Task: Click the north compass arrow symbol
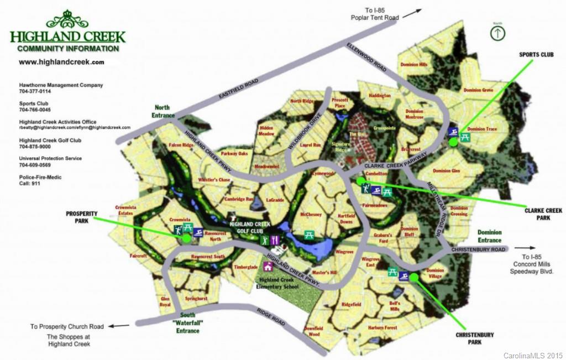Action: (498, 33)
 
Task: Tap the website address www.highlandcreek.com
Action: (61, 62)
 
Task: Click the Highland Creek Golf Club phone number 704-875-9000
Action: (35, 147)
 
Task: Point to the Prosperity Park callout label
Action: (82, 217)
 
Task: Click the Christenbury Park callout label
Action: (475, 338)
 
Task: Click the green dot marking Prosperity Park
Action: (186, 238)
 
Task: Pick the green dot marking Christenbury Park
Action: (413, 277)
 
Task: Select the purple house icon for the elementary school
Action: (268, 267)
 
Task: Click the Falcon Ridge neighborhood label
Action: (181, 145)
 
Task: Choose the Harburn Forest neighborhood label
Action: (382, 328)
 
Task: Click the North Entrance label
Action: (162, 111)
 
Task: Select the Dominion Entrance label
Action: (489, 236)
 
